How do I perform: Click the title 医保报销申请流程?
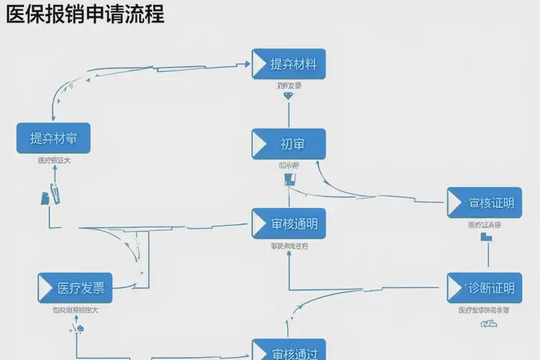click(85, 14)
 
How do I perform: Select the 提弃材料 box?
click(289, 64)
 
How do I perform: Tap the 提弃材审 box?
click(53, 138)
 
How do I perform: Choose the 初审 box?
click(289, 144)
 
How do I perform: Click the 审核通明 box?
click(289, 223)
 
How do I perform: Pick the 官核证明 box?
click(484, 203)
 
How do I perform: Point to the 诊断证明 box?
click(484, 288)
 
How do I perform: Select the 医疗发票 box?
click(76, 288)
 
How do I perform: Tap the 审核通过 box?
click(289, 351)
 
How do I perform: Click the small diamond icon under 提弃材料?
click(289, 95)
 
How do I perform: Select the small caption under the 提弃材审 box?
click(54, 161)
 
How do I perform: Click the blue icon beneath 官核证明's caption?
click(487, 235)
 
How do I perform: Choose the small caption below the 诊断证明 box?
click(484, 310)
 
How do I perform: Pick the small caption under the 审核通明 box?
click(289, 246)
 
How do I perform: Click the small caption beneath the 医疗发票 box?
click(75, 310)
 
